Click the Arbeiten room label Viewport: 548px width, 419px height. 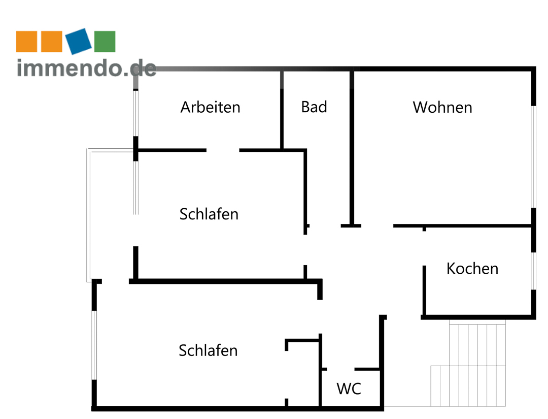[210, 107]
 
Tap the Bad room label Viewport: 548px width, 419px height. [314, 107]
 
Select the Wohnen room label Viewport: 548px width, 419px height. [442, 107]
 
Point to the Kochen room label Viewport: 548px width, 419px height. [472, 268]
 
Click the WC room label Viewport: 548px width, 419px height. [349, 389]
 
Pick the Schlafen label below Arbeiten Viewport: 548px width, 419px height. [209, 214]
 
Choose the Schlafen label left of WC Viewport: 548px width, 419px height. [208, 350]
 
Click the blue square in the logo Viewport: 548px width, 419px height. [79, 41]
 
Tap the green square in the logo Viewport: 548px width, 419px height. [105, 41]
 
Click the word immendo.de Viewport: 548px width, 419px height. [86, 68]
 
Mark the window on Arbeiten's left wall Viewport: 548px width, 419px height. [135, 113]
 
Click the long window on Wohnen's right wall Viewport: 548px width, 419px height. [533, 156]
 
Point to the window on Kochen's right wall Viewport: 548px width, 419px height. [533, 271]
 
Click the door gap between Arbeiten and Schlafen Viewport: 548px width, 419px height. [223, 150]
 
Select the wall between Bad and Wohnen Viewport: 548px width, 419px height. [351, 147]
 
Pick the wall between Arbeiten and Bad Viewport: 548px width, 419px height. [282, 110]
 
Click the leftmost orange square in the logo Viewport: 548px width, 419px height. [26, 41]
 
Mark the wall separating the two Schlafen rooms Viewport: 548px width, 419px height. [223, 281]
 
